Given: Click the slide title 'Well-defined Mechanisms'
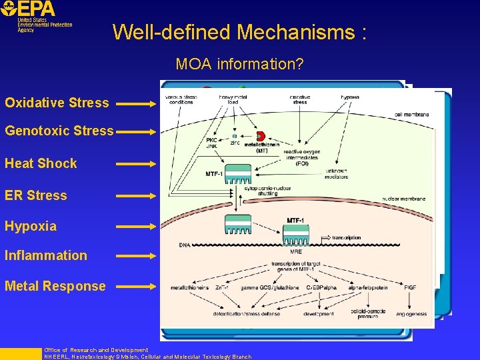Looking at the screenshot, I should [x=239, y=32].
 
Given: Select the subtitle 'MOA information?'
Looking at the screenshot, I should [x=240, y=65].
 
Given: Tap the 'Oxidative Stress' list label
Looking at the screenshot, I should [x=57, y=103].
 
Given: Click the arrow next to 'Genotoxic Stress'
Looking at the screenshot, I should [x=137, y=132].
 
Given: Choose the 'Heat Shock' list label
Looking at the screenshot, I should [x=41, y=163].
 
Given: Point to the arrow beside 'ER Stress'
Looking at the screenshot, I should [x=137, y=196].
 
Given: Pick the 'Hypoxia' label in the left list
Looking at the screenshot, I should [x=31, y=226].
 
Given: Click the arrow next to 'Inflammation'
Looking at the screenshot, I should [x=137, y=255].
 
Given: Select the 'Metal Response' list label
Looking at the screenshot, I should [x=55, y=286].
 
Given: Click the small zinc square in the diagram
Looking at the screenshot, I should [x=235, y=136].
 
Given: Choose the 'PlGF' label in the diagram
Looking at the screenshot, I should [x=409, y=288].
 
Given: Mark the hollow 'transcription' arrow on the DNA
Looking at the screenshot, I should [x=329, y=237].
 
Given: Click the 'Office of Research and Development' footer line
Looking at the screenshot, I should [x=96, y=350].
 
